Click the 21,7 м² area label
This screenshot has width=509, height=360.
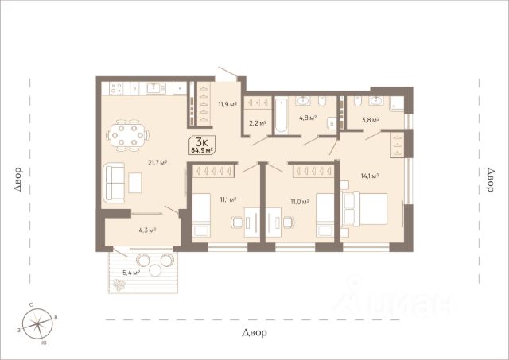coord(157,162)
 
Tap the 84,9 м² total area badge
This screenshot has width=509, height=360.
coord(202,150)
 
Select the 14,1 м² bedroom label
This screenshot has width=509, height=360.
coord(370,176)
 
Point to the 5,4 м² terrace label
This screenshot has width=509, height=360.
coord(131,273)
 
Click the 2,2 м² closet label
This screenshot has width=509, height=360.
coord(258,123)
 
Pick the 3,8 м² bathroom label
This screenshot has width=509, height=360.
coord(371,120)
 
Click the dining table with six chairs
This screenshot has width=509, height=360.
coord(127,135)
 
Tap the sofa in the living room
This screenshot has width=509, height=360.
coord(114,183)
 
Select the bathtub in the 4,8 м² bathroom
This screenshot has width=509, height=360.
coord(281,115)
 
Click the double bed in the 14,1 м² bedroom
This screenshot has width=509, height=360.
coord(364,208)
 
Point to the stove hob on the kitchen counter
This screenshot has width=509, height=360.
coord(116,88)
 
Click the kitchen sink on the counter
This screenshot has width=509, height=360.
coord(156,88)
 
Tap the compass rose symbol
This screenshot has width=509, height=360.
coord(37,323)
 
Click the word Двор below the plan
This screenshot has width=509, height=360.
coord(254,332)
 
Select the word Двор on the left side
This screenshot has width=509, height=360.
coord(17,180)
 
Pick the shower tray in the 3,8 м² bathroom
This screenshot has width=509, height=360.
coord(398,104)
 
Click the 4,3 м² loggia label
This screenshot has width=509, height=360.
coord(147,230)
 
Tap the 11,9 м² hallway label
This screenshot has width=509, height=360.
coord(227,104)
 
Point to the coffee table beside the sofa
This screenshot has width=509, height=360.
coord(134,183)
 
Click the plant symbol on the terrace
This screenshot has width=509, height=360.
coord(119,285)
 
